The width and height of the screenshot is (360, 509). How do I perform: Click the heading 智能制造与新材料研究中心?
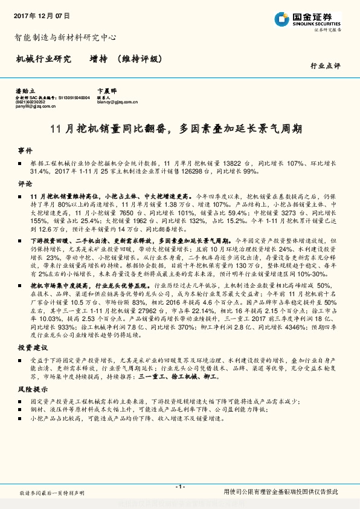point(65,37)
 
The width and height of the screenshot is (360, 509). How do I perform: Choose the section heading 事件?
point(25,149)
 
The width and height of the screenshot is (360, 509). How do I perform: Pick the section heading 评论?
point(25,183)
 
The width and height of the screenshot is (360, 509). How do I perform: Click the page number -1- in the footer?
point(179,487)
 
